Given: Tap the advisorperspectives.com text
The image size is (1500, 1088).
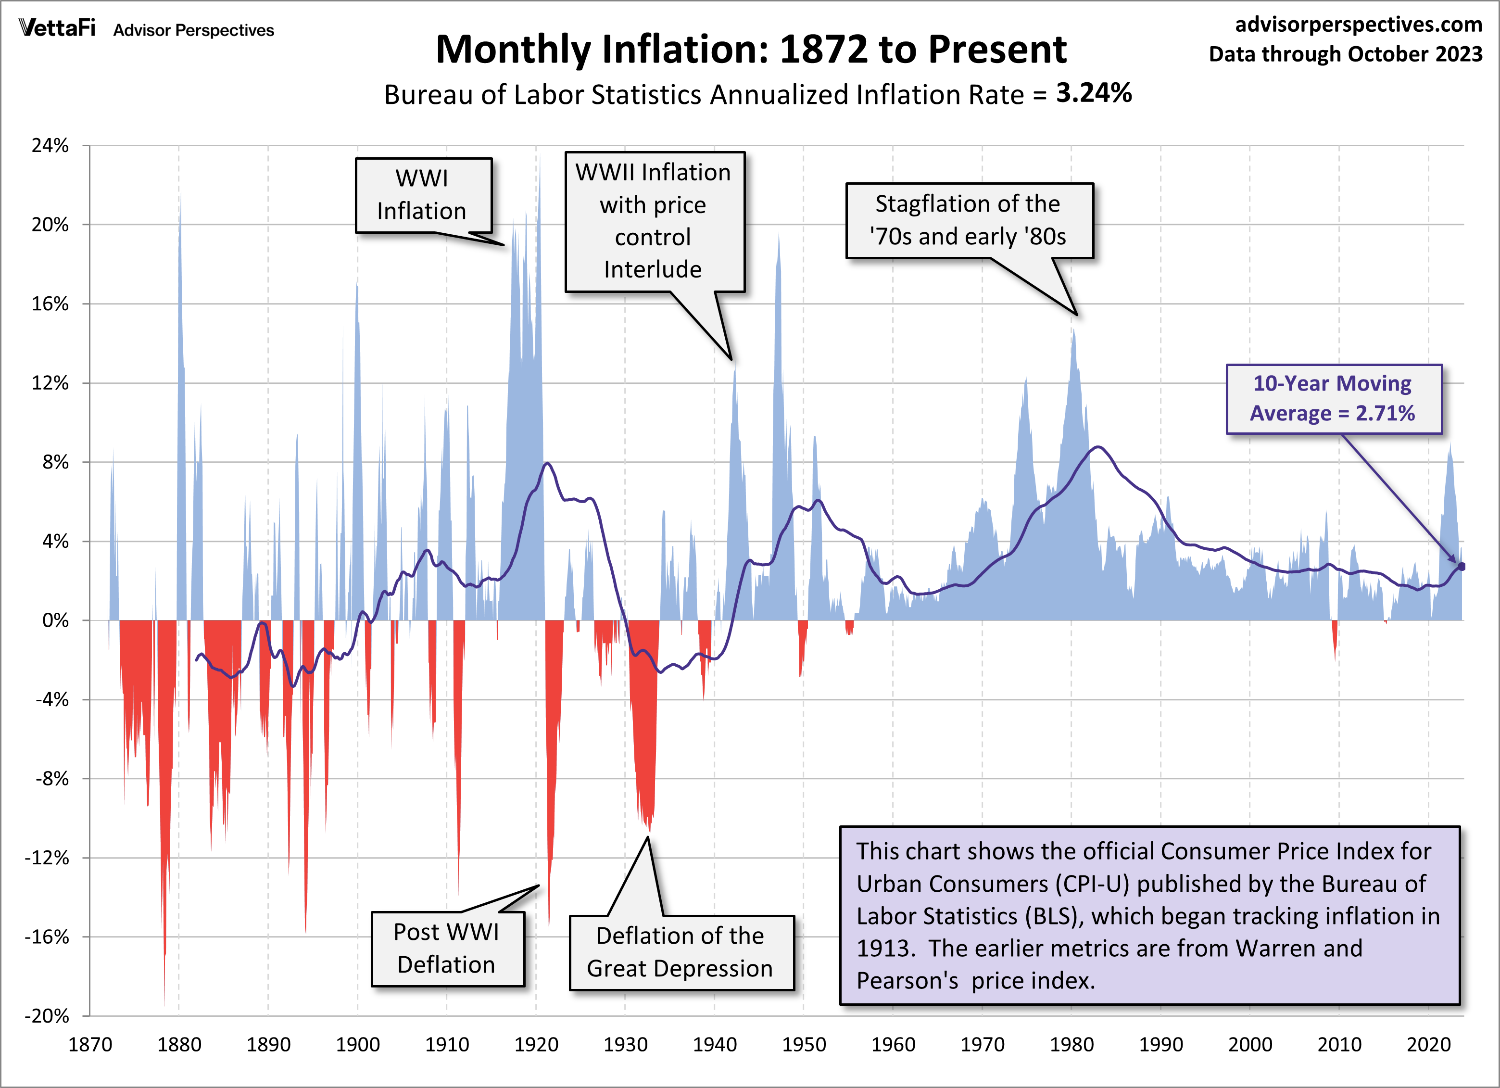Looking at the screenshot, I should pyautogui.click(x=1359, y=25).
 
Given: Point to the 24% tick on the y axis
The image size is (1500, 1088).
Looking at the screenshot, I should pyautogui.click(x=50, y=146).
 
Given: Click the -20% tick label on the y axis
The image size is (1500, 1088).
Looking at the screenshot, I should pyautogui.click(x=47, y=1016).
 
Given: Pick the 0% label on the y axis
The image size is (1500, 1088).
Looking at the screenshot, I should pyautogui.click(x=56, y=620).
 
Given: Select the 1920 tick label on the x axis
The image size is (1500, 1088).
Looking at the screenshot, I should pyautogui.click(x=536, y=1045).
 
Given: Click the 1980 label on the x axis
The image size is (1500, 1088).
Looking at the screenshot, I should pyautogui.click(x=1071, y=1045).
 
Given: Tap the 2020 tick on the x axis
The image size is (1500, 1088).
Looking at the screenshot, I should pyautogui.click(x=1428, y=1045).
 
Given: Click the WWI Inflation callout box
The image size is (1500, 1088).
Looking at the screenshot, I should pyautogui.click(x=423, y=195).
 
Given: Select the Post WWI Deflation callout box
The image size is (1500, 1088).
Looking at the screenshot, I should pyautogui.click(x=447, y=949).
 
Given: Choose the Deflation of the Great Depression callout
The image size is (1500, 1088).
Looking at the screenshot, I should pyautogui.click(x=681, y=952).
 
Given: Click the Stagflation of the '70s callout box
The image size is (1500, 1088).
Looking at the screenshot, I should pyautogui.click(x=969, y=220).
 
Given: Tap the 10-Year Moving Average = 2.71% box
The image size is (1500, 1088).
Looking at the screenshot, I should pyautogui.click(x=1333, y=399).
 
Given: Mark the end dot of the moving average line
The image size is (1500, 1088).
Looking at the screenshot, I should pyautogui.click(x=1462, y=566).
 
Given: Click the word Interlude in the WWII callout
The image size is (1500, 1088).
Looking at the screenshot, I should pyautogui.click(x=653, y=270).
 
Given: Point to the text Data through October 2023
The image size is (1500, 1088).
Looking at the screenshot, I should pyautogui.click(x=1345, y=54).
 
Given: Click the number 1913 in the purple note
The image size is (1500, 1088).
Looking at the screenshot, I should pyautogui.click(x=885, y=949).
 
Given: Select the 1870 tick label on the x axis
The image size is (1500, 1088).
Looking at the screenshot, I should pyautogui.click(x=90, y=1045).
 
